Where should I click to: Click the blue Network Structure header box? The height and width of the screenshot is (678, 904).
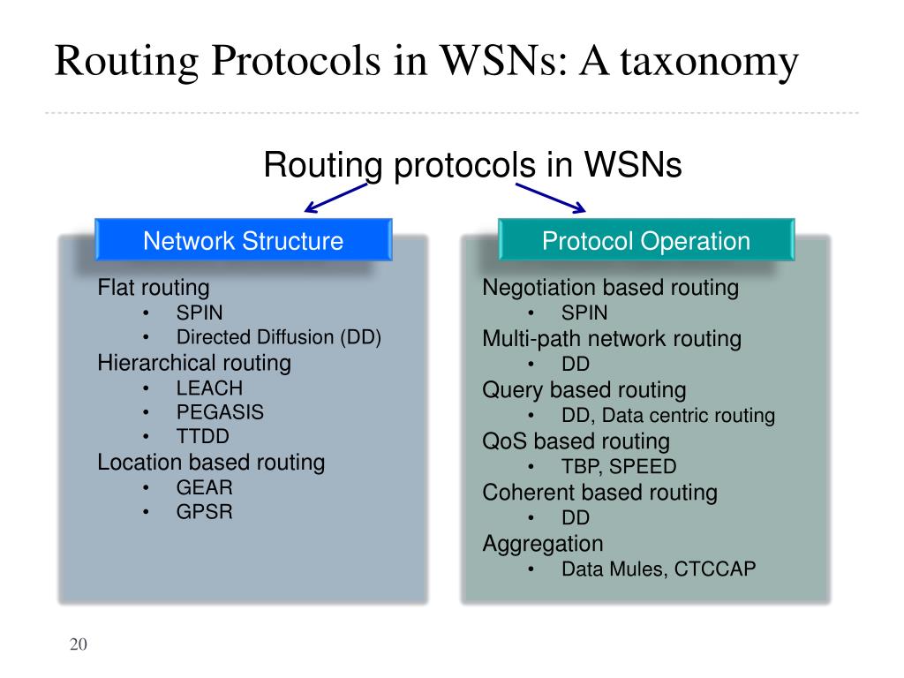tap(243, 241)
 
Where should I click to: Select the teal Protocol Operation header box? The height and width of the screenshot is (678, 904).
tap(645, 241)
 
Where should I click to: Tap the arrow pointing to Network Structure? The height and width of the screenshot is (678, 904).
tap(336, 196)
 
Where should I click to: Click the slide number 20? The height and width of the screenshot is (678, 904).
tap(79, 644)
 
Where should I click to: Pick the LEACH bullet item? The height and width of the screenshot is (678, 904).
tap(209, 388)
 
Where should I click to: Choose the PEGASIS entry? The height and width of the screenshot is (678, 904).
tap(220, 412)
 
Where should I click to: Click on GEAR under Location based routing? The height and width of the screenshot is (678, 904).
tap(205, 487)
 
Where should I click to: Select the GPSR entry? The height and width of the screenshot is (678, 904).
tap(205, 512)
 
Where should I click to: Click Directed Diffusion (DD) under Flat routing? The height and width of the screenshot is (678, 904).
tap(279, 337)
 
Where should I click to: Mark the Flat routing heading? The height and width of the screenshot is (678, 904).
tap(154, 288)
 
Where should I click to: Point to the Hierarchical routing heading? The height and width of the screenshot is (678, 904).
tap(194, 363)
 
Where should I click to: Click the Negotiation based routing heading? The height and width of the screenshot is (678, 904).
tap(610, 288)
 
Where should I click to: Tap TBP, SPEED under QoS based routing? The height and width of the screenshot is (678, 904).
tap(619, 467)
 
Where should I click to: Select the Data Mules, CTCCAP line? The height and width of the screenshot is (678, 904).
tap(659, 569)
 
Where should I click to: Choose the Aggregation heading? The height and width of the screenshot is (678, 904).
tap(543, 544)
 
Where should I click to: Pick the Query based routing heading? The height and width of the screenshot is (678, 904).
tap(584, 390)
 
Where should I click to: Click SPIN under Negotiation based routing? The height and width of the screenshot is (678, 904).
tap(584, 313)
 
